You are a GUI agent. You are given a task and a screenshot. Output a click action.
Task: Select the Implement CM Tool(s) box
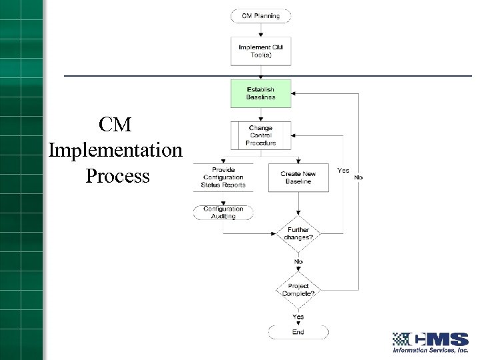coord(261,51)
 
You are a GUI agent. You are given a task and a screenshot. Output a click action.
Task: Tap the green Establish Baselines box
coord(261,93)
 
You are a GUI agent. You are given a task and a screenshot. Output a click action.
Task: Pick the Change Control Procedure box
coord(261,135)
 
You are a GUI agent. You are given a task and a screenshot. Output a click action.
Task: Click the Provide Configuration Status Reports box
coord(223,177)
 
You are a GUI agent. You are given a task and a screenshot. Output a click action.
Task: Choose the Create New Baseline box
coord(298,177)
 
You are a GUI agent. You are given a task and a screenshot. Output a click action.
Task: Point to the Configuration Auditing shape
coord(223,212)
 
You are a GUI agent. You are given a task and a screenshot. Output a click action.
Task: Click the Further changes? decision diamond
coord(298,234)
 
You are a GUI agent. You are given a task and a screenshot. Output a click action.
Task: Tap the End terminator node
coord(298,332)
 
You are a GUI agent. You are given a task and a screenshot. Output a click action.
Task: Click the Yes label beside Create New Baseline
coord(343,171)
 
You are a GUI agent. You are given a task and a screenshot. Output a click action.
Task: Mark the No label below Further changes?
coord(298,262)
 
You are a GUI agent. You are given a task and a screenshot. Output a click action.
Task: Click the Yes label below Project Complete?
coord(298,317)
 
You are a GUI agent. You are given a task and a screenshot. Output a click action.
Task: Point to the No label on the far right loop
coord(359,177)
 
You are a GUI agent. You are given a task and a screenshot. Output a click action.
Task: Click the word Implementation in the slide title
coord(115,151)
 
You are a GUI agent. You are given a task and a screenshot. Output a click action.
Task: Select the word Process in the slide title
coord(118,176)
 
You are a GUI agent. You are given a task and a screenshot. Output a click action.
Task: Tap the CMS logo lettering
coord(440,339)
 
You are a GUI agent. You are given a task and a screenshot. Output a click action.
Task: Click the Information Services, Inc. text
coord(430,350)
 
